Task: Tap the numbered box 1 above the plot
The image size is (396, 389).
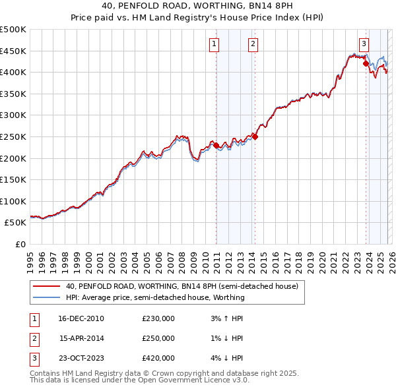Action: pyautogui.click(x=214, y=44)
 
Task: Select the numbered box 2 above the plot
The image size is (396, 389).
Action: pyautogui.click(x=253, y=44)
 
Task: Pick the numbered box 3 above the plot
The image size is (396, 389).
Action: pyautogui.click(x=364, y=44)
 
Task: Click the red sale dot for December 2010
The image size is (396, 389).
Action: pyautogui.click(x=216, y=146)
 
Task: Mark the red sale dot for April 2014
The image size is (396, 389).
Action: pyautogui.click(x=255, y=137)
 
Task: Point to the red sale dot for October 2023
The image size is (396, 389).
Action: pyautogui.click(x=366, y=64)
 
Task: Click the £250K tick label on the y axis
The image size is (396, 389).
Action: pyautogui.click(x=13, y=136)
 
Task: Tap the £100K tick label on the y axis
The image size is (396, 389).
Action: pyautogui.click(x=13, y=201)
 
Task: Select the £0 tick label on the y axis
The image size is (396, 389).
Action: pyautogui.click(x=20, y=244)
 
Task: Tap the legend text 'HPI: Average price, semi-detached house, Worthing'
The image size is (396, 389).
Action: pyautogui.click(x=155, y=297)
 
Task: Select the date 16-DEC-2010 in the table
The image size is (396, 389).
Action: pyautogui.click(x=81, y=318)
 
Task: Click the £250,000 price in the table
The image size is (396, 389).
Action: pyautogui.click(x=158, y=338)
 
